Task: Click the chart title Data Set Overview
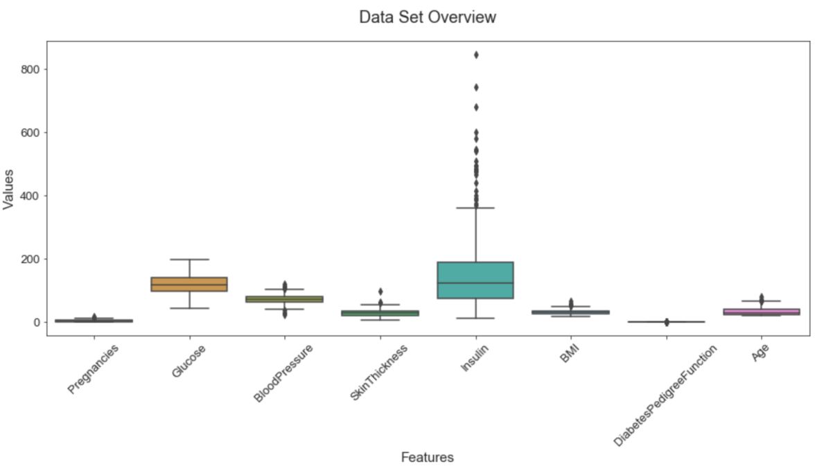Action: coord(427,17)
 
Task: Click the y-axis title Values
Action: coord(9,188)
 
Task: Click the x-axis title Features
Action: coord(427,457)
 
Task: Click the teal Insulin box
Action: coord(475,280)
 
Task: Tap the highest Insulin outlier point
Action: coord(476,55)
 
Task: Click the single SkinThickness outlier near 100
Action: coord(380,292)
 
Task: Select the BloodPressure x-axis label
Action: coord(283,373)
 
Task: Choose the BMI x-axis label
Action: coord(570,358)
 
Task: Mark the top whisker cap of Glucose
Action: coord(189,260)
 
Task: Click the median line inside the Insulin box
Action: coord(475,283)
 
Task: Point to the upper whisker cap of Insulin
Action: coord(475,208)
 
